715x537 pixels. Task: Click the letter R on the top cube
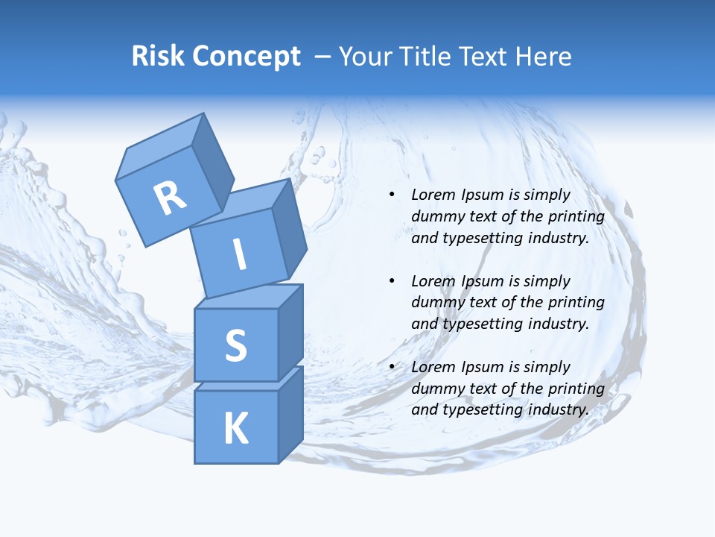click(170, 198)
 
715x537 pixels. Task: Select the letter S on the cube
click(235, 345)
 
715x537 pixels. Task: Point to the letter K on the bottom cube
click(235, 429)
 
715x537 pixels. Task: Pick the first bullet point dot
click(393, 195)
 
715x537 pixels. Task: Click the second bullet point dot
click(393, 281)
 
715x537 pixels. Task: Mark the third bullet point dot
click(393, 367)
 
